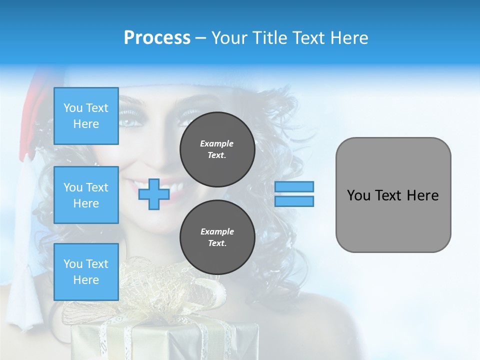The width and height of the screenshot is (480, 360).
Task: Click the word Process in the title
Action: point(157,37)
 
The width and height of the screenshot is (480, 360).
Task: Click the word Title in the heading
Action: point(270,37)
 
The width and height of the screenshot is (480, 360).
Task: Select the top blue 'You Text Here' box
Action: point(86,116)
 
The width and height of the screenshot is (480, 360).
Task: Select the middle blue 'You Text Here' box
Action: point(86,195)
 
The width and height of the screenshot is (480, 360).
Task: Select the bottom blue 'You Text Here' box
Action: point(86,271)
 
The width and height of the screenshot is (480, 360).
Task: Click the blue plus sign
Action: point(153,194)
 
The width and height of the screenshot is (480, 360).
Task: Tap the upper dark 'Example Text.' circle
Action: point(217,149)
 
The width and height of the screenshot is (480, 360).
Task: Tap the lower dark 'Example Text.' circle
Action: point(217,237)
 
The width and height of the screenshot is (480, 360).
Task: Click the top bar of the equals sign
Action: point(294,186)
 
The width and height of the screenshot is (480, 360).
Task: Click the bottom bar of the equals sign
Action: point(294,201)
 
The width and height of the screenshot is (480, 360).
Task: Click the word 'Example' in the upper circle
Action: point(217,143)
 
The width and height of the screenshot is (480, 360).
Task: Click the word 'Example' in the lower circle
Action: point(217,231)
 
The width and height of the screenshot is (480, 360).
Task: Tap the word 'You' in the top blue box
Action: point(73,108)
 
